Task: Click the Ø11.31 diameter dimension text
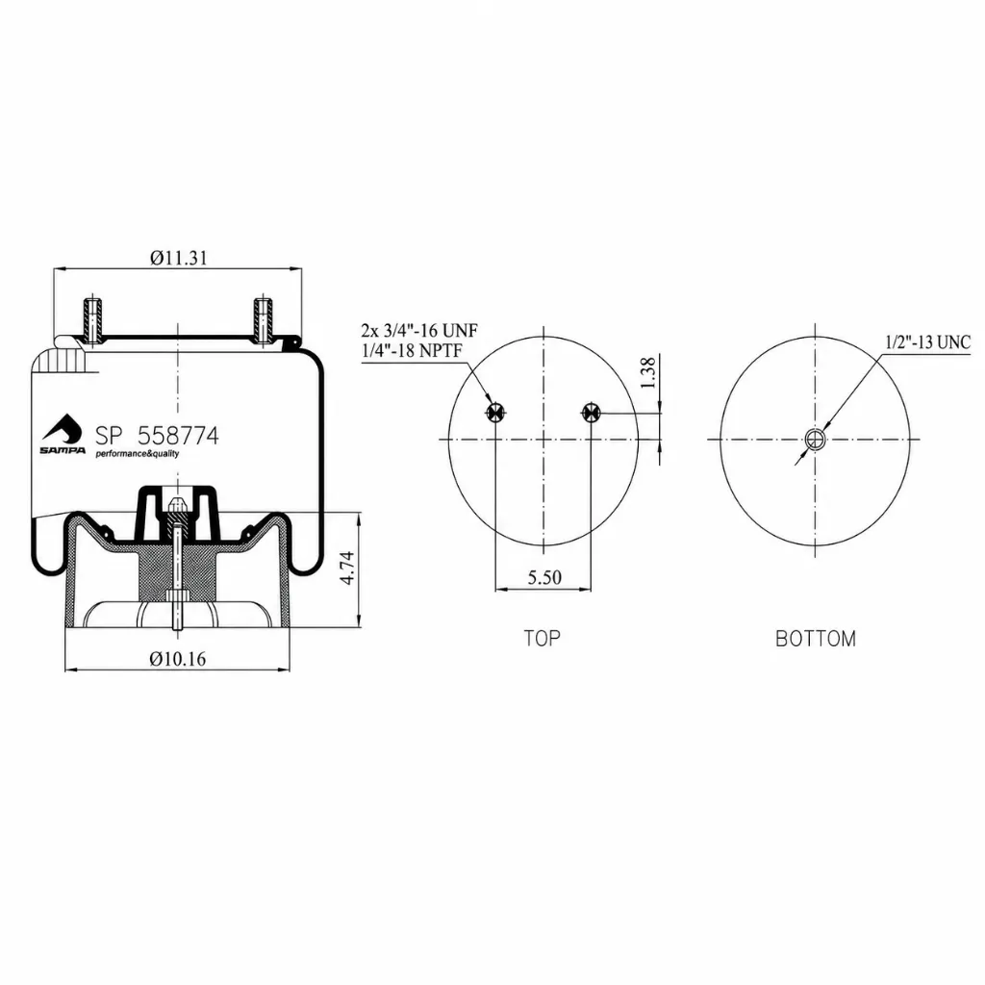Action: pyautogui.click(x=178, y=258)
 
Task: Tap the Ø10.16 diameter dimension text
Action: pyautogui.click(x=178, y=658)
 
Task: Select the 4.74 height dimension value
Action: pyautogui.click(x=346, y=568)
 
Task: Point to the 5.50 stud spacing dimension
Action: pyautogui.click(x=544, y=577)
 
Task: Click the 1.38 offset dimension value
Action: pyautogui.click(x=647, y=373)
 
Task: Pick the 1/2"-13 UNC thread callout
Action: pyautogui.click(x=928, y=342)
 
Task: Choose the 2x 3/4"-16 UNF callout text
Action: pyautogui.click(x=419, y=330)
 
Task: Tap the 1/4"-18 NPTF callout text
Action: pyautogui.click(x=412, y=350)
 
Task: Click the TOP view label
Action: pyautogui.click(x=543, y=639)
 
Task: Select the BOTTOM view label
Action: pyautogui.click(x=816, y=639)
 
